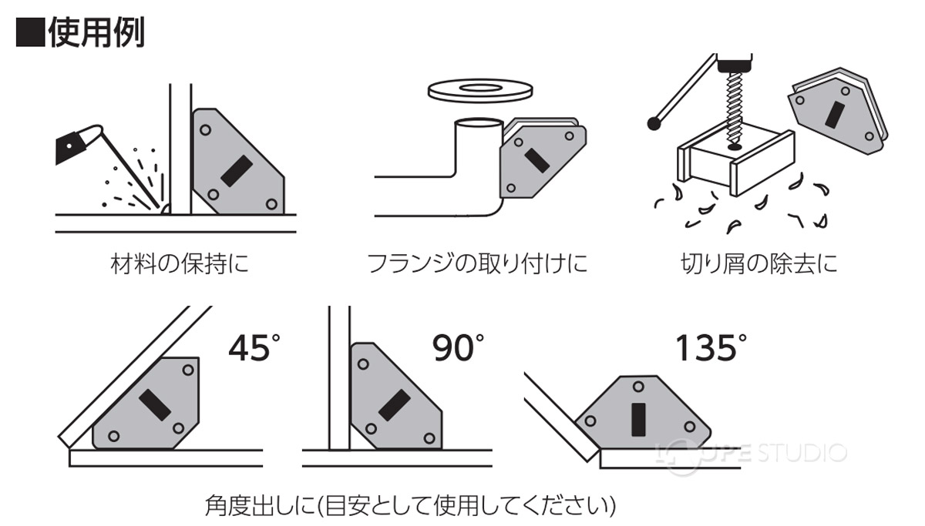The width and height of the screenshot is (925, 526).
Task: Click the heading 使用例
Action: tap(81, 32)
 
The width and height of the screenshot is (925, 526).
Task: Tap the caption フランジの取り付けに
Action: tap(478, 264)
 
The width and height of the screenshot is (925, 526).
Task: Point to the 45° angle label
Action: tap(251, 347)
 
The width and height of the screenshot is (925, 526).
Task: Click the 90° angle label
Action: tap(457, 347)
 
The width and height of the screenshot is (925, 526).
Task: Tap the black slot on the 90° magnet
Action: tap(394, 405)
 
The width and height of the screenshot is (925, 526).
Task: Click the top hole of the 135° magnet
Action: tap(637, 387)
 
